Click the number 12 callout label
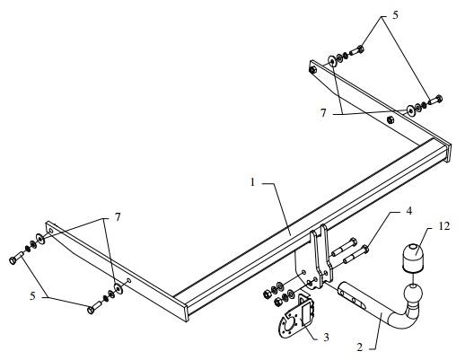point(443,226)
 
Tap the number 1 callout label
point(253,182)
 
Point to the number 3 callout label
point(326,338)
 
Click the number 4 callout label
point(408,211)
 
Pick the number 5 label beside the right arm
point(395,14)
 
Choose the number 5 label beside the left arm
point(32,296)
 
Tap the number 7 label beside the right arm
point(323,113)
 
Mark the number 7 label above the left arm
point(118,217)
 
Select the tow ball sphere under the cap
point(413,294)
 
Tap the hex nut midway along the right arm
point(391,119)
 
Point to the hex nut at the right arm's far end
point(312,70)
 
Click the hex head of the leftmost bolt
point(13,260)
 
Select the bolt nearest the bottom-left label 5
point(94,307)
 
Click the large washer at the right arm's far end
point(332,61)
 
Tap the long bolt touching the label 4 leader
point(355,256)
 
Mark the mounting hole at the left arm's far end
point(51,232)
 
